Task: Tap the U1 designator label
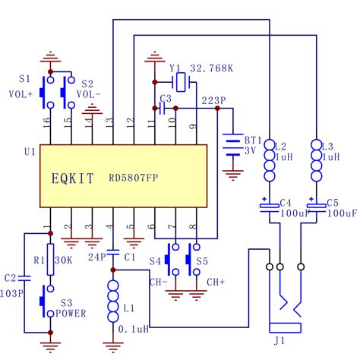point(30,152)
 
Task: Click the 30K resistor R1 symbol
point(50,255)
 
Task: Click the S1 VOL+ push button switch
point(50,90)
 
